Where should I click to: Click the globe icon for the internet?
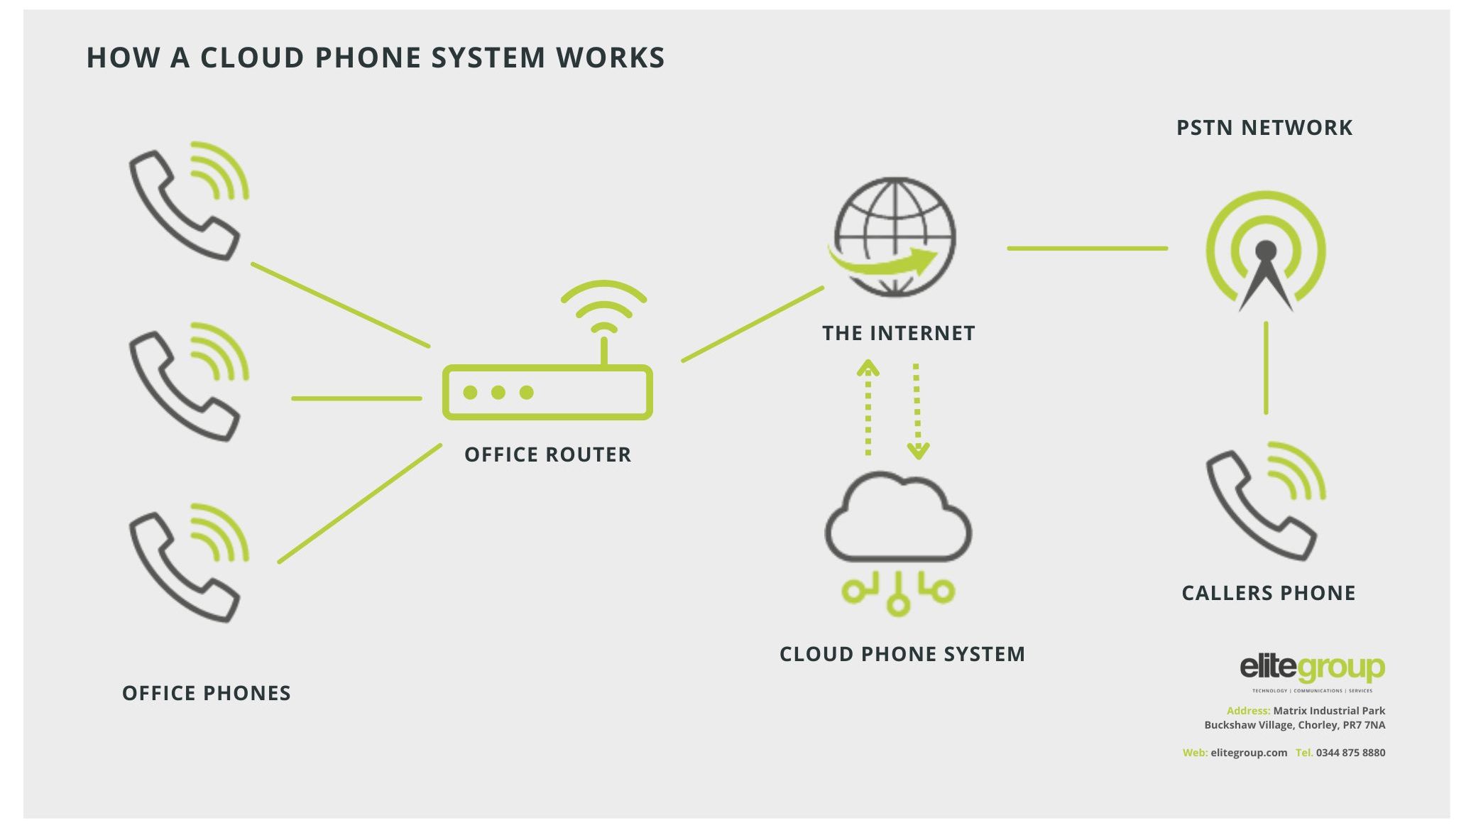[895, 236]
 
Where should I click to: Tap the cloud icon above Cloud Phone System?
[898, 518]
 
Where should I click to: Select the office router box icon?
[547, 392]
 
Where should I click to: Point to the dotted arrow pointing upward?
[868, 408]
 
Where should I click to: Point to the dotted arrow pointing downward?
[917, 412]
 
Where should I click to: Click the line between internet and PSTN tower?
[1087, 249]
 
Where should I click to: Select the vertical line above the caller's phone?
[1266, 368]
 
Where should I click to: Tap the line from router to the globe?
[753, 324]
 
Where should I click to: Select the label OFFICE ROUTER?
[547, 454]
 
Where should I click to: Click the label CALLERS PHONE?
[1268, 593]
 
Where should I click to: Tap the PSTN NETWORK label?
[1264, 128]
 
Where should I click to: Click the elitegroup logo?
[1312, 669]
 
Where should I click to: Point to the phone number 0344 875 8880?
[1350, 753]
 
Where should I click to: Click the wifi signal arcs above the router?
[603, 305]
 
